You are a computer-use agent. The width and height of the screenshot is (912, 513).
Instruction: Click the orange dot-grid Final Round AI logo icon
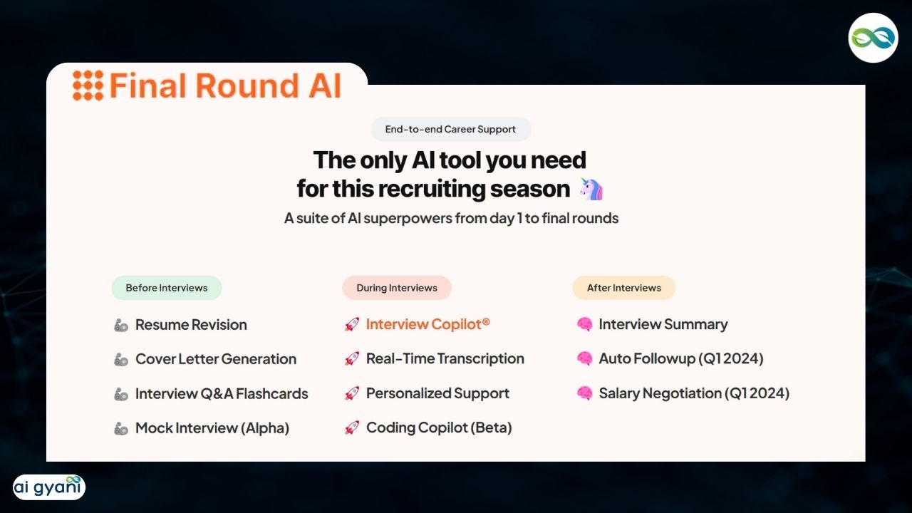pyautogui.click(x=88, y=85)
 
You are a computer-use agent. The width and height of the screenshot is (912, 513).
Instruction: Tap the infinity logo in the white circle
pyautogui.click(x=873, y=38)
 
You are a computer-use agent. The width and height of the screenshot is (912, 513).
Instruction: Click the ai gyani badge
pyautogui.click(x=49, y=487)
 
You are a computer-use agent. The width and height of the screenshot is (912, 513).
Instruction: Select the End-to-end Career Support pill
pyautogui.click(x=451, y=129)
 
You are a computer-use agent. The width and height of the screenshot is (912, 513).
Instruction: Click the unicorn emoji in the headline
pyautogui.click(x=591, y=190)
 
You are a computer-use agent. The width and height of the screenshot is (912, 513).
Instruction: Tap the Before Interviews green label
pyautogui.click(x=167, y=288)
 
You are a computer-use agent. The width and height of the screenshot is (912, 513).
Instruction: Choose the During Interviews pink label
pyautogui.click(x=397, y=288)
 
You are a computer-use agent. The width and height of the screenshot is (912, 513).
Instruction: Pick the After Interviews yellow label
pyautogui.click(x=623, y=288)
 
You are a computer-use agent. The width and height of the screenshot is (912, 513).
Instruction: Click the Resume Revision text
pyautogui.click(x=191, y=325)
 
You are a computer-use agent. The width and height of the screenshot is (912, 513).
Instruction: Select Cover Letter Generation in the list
pyautogui.click(x=216, y=359)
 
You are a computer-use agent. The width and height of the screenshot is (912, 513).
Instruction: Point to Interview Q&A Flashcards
pyautogui.click(x=222, y=394)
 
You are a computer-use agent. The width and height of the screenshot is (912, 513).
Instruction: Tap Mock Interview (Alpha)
pyautogui.click(x=212, y=428)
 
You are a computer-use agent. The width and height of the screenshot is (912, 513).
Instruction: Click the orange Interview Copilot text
pyautogui.click(x=427, y=324)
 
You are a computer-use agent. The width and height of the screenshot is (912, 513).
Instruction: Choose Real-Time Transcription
pyautogui.click(x=445, y=358)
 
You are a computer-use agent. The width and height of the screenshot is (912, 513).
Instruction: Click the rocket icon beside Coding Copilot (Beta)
pyautogui.click(x=352, y=427)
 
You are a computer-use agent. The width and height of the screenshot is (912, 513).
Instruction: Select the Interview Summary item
pyautogui.click(x=663, y=324)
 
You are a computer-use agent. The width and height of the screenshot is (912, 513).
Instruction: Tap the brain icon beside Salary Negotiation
pyautogui.click(x=585, y=393)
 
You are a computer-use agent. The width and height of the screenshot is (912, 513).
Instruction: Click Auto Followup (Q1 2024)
pyautogui.click(x=681, y=358)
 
